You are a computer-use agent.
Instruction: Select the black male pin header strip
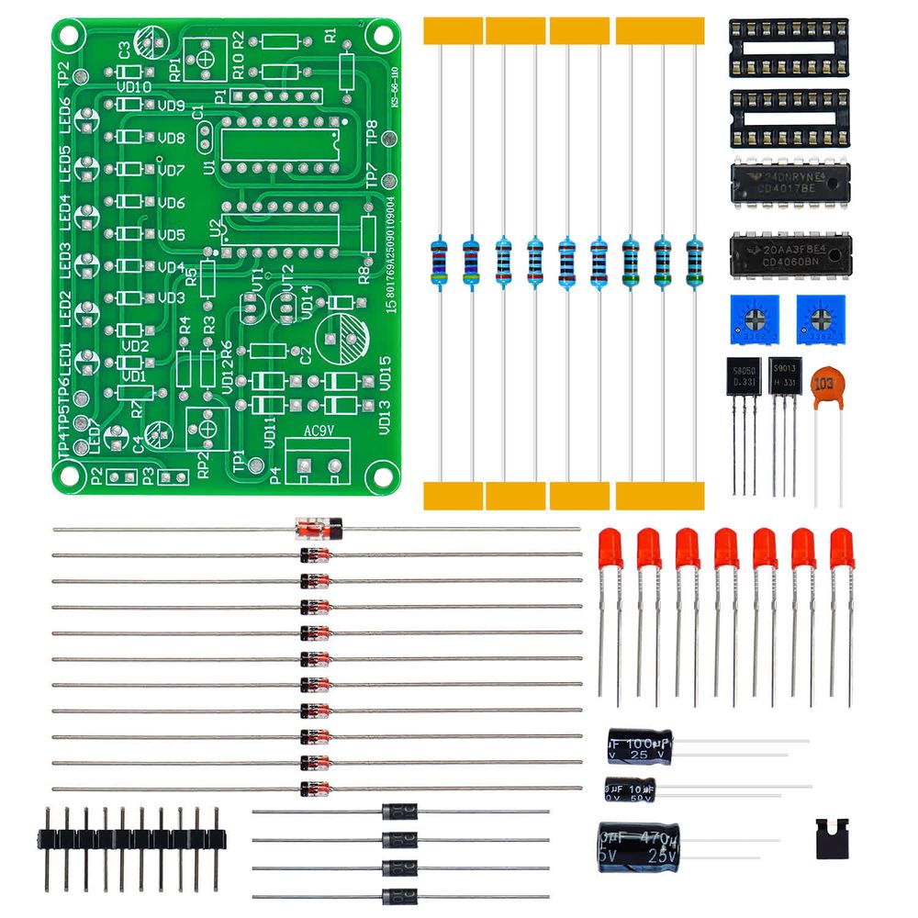(x=131, y=837)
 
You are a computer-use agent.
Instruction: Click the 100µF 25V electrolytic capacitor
(x=640, y=744)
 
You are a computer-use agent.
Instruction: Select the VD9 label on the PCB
(x=171, y=106)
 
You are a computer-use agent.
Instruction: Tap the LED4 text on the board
(x=65, y=210)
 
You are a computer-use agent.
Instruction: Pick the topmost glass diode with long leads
(x=319, y=529)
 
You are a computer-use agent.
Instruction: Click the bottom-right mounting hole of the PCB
(x=376, y=474)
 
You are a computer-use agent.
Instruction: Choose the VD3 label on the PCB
(x=171, y=298)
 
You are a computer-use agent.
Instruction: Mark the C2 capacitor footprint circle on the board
(x=345, y=341)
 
